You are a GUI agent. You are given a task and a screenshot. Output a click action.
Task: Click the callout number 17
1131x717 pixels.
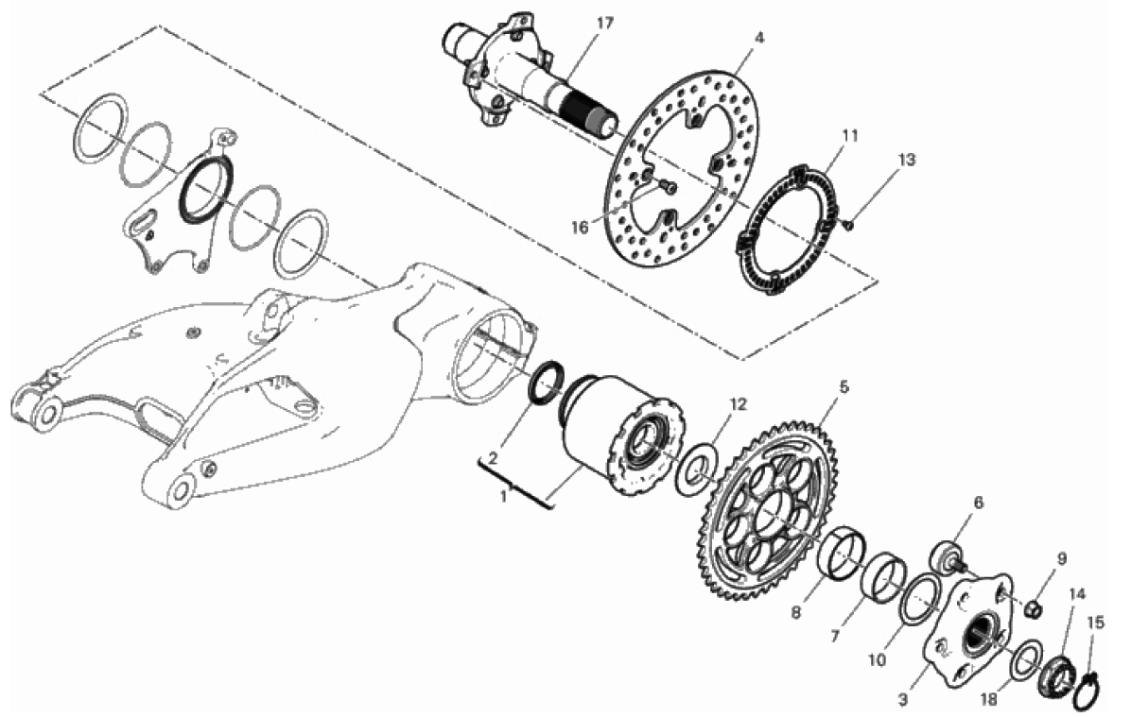604,23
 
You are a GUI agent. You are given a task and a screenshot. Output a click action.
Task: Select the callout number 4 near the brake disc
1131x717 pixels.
759,37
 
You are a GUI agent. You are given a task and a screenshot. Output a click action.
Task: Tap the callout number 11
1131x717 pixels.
850,135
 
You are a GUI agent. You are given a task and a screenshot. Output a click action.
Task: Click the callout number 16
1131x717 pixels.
580,228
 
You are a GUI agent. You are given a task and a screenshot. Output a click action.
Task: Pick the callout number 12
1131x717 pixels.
738,403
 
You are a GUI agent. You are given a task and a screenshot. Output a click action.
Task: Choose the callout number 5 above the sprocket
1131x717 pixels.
844,387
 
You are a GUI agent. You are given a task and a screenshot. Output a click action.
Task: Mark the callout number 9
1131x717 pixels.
1062,558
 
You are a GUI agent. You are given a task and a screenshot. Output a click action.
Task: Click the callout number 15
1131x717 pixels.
1095,622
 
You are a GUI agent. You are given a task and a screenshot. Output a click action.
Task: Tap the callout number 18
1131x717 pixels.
989,698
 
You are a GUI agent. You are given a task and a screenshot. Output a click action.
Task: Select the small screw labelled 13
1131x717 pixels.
848,226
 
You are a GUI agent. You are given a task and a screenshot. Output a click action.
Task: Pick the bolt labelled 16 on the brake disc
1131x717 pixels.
669,187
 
